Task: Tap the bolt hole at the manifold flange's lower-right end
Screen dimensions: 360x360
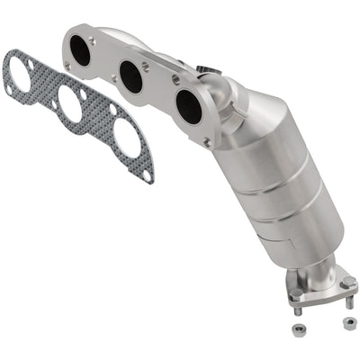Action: (x=206, y=141)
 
